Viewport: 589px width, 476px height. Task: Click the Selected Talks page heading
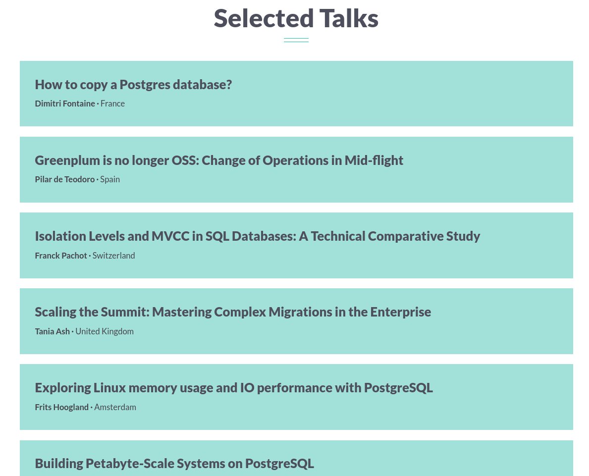click(x=296, y=19)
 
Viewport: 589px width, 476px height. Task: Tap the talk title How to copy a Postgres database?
click(x=133, y=85)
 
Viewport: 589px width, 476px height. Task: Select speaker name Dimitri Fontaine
click(x=65, y=104)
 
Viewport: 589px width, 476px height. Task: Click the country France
click(x=112, y=104)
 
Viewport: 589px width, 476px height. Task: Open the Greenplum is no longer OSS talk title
click(x=219, y=160)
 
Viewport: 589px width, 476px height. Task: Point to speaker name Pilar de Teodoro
click(x=64, y=179)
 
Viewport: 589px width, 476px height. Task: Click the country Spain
click(x=110, y=179)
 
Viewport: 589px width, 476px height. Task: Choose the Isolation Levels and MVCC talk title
click(x=257, y=236)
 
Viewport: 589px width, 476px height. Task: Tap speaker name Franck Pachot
click(x=61, y=256)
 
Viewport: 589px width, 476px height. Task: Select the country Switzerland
click(x=113, y=256)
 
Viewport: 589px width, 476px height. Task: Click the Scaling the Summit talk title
click(x=233, y=312)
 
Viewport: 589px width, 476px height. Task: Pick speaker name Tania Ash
click(x=52, y=331)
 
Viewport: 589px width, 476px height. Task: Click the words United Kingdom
click(x=105, y=331)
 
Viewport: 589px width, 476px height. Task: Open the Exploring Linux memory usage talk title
click(x=233, y=388)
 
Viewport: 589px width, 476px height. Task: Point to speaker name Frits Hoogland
click(x=61, y=407)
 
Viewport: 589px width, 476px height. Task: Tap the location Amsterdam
click(x=115, y=407)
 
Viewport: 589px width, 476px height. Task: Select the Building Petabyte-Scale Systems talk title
click(x=174, y=464)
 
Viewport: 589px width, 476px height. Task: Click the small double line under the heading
click(x=296, y=40)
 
